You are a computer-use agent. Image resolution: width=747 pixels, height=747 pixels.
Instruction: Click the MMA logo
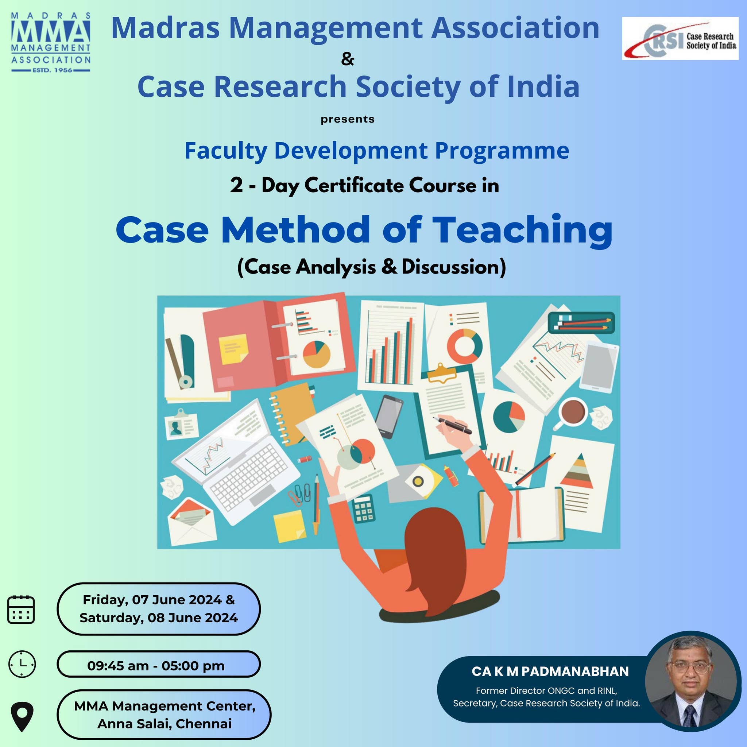point(51,43)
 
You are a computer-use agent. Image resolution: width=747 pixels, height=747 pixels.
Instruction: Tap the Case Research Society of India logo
point(680,38)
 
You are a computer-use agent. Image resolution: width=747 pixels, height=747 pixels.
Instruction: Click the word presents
point(347,119)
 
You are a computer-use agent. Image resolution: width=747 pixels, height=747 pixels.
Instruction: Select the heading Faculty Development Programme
point(376,150)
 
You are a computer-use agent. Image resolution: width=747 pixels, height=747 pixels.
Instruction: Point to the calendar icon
point(21,609)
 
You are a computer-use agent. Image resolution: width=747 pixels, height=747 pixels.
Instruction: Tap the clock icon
point(22,663)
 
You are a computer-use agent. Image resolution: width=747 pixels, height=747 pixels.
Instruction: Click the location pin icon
point(22,716)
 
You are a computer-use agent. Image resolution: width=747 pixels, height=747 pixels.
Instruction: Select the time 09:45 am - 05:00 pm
point(156,666)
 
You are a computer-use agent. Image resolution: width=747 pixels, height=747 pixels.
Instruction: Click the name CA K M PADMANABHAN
point(550,671)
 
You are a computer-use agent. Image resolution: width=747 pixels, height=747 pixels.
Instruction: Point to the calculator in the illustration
point(364,508)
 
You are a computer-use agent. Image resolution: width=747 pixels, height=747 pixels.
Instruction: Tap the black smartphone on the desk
point(388,416)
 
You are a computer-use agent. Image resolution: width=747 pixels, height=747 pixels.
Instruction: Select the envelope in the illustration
point(191,522)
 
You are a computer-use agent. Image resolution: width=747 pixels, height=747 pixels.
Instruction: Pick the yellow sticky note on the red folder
point(233,349)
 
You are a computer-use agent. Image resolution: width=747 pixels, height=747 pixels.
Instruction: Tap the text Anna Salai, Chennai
point(165,723)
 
